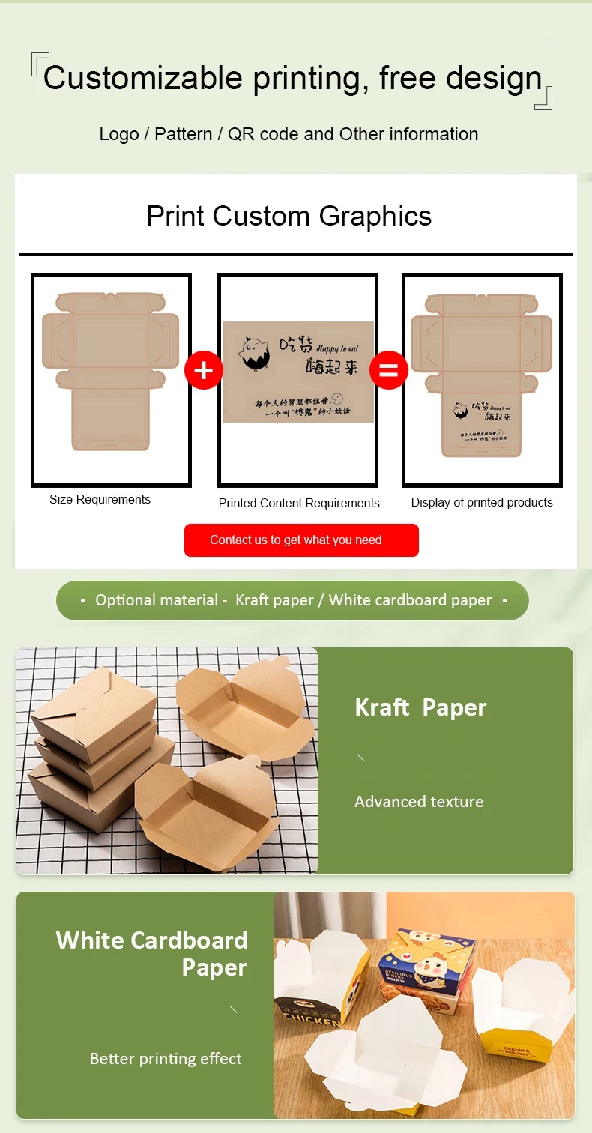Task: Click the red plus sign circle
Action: [204, 370]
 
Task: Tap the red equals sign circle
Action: [388, 370]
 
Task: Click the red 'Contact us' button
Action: [301, 540]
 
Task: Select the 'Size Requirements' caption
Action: [100, 500]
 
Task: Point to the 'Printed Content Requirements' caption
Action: [299, 504]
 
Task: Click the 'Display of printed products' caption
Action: [482, 503]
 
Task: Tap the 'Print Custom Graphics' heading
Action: [289, 216]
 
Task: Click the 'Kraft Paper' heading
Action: [420, 707]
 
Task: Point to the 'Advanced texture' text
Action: [419, 802]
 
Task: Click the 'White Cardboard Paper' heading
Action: [152, 953]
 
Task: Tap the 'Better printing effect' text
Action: [166, 1059]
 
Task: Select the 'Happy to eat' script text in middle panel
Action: [337, 348]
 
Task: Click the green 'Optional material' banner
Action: [292, 600]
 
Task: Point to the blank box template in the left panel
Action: [111, 371]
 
